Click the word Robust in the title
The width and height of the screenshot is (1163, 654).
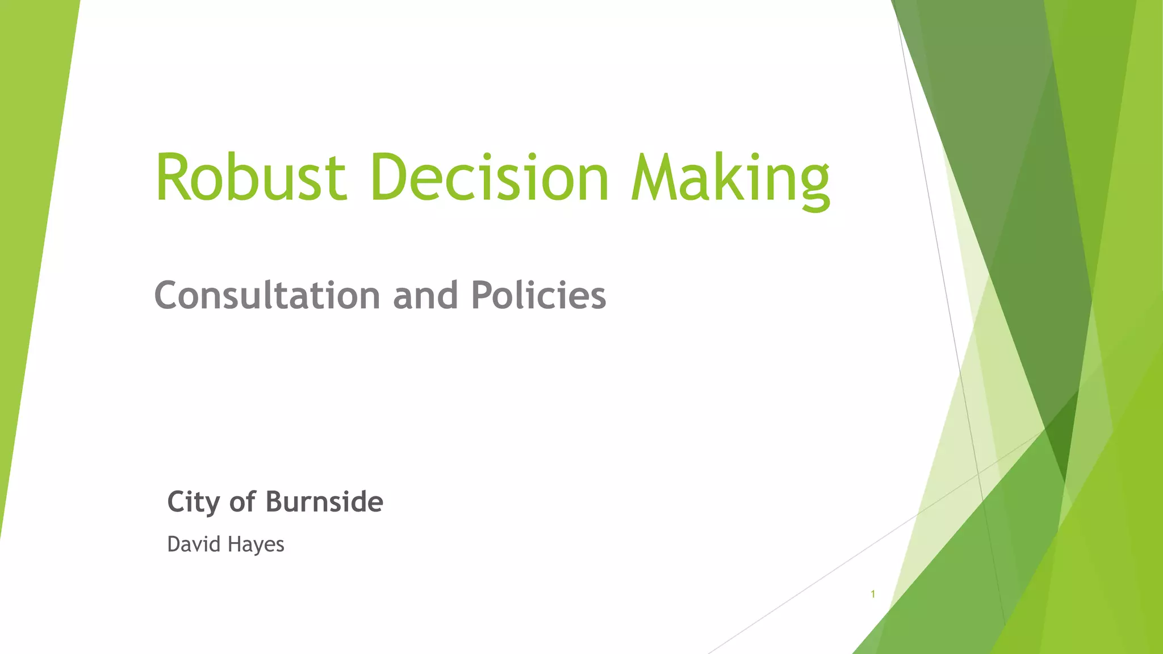click(250, 177)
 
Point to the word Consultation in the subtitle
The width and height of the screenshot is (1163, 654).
click(267, 296)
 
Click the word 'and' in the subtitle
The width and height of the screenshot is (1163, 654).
click(425, 296)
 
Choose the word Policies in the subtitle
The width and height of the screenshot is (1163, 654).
click(538, 296)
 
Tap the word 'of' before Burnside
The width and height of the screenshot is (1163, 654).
click(242, 502)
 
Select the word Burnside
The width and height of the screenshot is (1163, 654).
click(324, 502)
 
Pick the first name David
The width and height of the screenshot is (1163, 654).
click(194, 544)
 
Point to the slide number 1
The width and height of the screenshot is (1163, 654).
click(873, 594)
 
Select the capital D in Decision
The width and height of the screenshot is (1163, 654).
click(391, 177)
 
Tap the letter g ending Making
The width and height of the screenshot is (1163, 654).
click(814, 185)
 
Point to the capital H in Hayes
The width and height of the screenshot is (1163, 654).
click(233, 544)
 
